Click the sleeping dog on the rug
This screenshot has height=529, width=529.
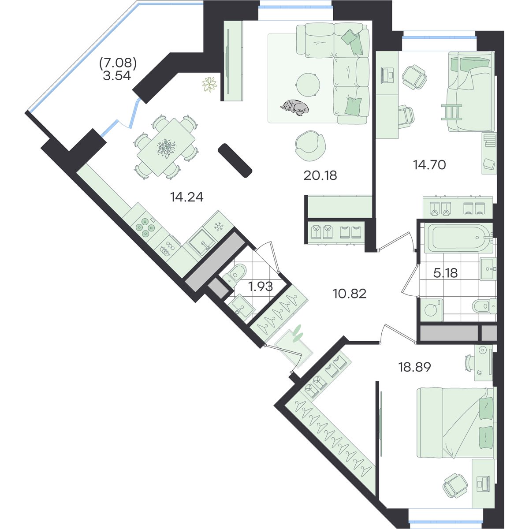click(294, 108)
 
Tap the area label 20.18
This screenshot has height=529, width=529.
click(320, 175)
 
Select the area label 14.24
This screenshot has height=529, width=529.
click(186, 197)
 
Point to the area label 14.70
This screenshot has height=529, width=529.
click(429, 165)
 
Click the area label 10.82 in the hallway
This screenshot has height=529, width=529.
click(350, 294)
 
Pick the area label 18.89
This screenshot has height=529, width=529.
click(414, 367)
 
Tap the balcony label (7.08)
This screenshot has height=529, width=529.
click(118, 63)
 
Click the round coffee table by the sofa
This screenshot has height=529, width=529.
click(308, 85)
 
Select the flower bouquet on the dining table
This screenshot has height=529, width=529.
click(166, 148)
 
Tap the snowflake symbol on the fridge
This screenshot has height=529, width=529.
click(219, 227)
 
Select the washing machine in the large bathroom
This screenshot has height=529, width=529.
click(432, 309)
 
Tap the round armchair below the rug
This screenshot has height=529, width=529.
click(310, 145)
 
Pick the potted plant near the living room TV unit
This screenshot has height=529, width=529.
click(209, 85)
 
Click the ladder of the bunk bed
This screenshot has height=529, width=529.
click(451, 112)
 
